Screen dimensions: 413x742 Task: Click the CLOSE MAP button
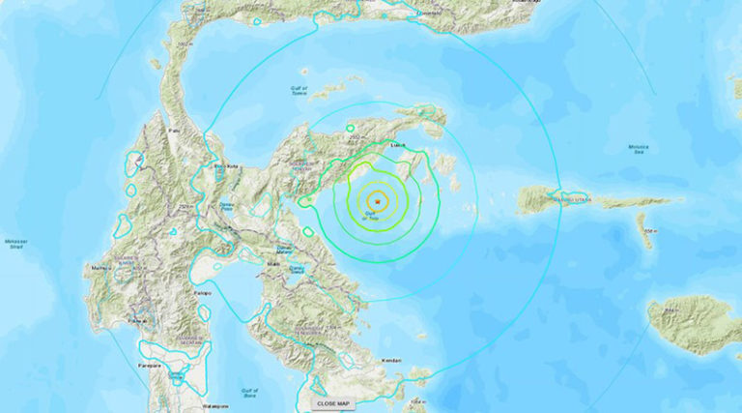(x=331, y=402)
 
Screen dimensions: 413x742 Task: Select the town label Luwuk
(x=397, y=146)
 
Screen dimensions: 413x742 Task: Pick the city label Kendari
(x=392, y=361)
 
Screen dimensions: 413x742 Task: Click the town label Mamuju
(x=96, y=267)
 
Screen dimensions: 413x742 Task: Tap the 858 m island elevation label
(x=651, y=230)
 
